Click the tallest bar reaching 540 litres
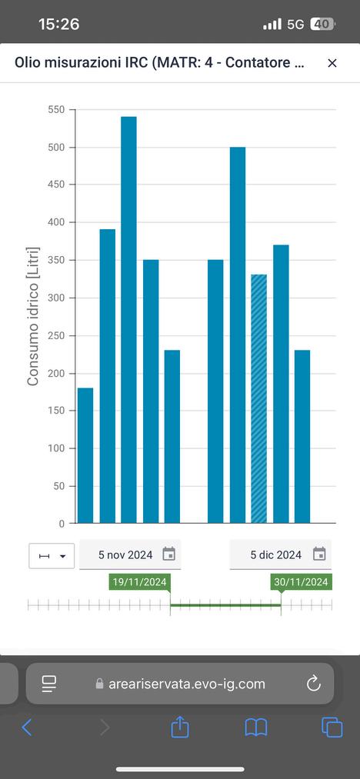[x=128, y=320]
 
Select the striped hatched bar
[x=258, y=399]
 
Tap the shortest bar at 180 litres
[x=85, y=455]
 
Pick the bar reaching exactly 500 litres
[x=237, y=335]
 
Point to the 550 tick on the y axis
[x=57, y=109]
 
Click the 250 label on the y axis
[x=57, y=336]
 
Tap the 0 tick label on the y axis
[x=62, y=524]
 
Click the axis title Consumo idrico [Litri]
[x=33, y=317]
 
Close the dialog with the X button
[x=332, y=63]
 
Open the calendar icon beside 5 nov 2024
[x=169, y=554]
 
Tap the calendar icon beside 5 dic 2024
[x=319, y=554]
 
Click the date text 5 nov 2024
[x=125, y=555]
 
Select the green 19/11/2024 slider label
[x=140, y=582]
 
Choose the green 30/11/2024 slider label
[x=302, y=582]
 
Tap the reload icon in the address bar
[x=314, y=684]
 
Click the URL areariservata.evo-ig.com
[x=187, y=684]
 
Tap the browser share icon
[x=180, y=727]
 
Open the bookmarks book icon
[x=256, y=727]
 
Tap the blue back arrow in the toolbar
[x=27, y=727]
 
